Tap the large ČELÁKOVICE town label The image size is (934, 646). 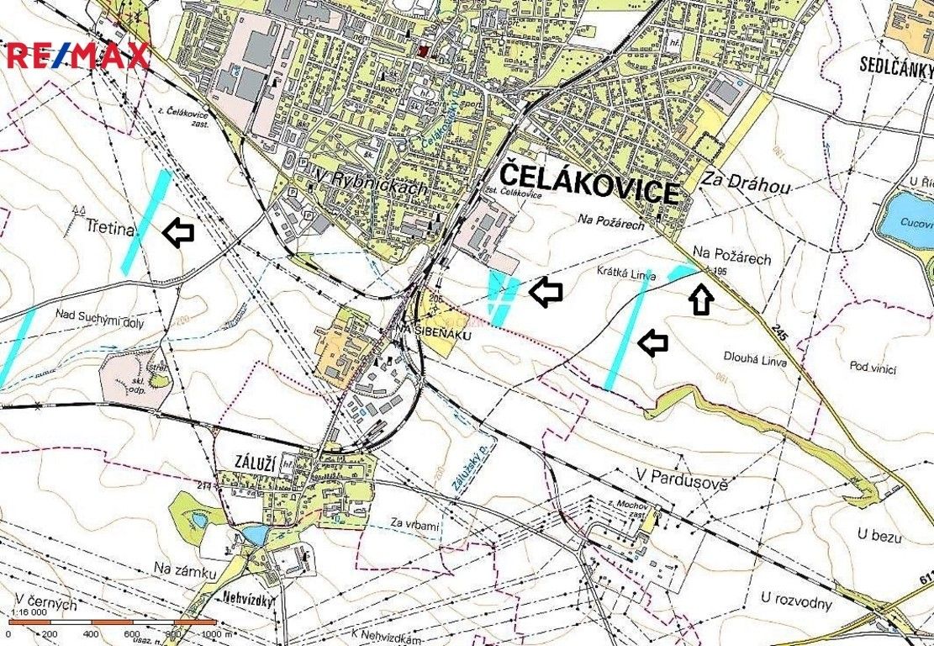click(x=589, y=184)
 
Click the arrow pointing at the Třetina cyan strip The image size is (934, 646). click(x=177, y=233)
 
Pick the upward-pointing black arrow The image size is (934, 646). click(x=702, y=299)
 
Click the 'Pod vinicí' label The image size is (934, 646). click(x=873, y=368)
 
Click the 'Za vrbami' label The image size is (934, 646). click(x=414, y=526)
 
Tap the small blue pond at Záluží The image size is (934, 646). click(x=253, y=534)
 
